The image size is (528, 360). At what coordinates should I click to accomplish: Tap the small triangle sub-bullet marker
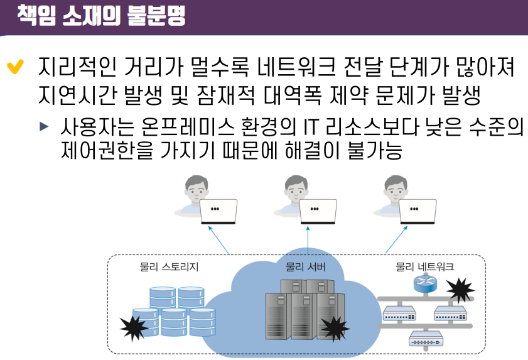point(43,126)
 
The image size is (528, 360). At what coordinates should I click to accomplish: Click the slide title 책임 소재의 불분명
point(100,14)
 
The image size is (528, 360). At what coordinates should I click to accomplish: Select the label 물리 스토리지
point(169,266)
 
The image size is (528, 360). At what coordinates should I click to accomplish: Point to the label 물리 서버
point(305,266)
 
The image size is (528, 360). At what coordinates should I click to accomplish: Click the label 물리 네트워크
point(425,266)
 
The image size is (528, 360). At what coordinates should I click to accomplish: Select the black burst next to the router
point(460,290)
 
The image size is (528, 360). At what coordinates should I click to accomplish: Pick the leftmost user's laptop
point(218,212)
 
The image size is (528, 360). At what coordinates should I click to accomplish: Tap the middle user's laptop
point(318,212)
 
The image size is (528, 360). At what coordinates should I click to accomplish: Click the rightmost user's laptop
point(418,212)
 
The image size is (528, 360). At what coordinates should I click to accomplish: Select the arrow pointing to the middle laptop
point(308,242)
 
